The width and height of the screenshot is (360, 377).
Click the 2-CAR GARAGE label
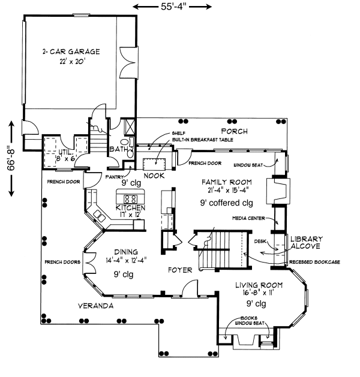click(71, 52)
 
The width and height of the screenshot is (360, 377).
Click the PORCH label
click(233, 131)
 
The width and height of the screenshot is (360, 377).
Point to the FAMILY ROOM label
click(226, 182)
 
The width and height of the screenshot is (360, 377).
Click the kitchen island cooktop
click(131, 198)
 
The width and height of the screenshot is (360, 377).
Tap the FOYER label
click(179, 270)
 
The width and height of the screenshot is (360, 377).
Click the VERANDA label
click(95, 306)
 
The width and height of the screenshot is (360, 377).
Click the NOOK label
click(154, 176)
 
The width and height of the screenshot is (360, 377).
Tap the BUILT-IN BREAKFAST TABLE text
click(202, 140)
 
